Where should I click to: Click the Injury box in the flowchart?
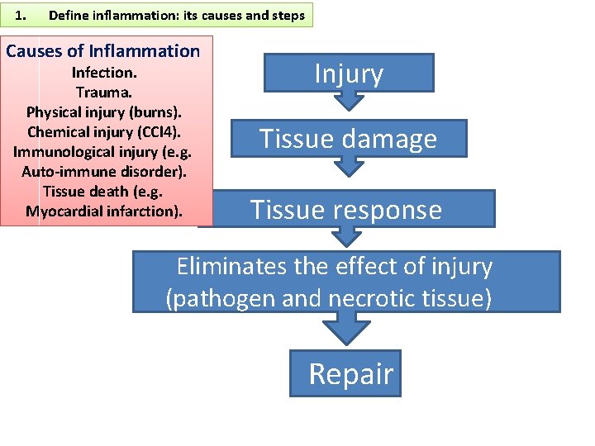point(349,73)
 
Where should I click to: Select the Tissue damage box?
point(348,139)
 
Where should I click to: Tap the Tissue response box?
point(346,209)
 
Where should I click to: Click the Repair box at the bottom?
point(345,373)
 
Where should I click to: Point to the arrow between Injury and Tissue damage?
point(348,101)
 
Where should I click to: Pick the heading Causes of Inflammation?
point(103,51)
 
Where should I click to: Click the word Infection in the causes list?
point(103,72)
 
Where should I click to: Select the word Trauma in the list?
point(103,92)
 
